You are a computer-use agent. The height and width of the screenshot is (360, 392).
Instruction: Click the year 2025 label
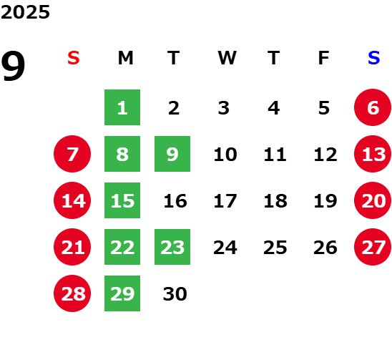(x=25, y=12)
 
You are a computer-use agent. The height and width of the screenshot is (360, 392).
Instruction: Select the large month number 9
(x=13, y=66)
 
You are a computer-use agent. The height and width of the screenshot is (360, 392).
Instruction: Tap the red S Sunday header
(x=74, y=58)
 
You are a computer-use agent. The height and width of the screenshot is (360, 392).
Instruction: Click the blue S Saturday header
(x=374, y=58)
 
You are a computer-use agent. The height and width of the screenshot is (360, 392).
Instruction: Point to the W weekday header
(x=227, y=58)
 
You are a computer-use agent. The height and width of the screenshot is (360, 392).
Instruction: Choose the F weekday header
(x=324, y=58)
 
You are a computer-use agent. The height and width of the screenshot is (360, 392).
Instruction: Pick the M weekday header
(x=125, y=58)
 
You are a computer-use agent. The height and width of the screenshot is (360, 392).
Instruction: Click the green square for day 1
(x=122, y=107)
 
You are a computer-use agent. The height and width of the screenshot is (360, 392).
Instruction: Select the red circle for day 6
(x=373, y=107)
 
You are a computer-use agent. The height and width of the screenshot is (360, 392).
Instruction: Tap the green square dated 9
(x=172, y=154)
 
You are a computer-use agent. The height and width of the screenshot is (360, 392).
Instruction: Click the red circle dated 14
(x=72, y=200)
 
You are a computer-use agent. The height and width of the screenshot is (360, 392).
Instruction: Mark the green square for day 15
(x=122, y=200)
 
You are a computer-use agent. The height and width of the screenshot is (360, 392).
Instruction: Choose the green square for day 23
(x=172, y=247)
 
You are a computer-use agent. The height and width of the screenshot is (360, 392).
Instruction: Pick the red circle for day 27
(x=373, y=247)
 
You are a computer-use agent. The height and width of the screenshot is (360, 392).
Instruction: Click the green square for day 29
(x=122, y=293)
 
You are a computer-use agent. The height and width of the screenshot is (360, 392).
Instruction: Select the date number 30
(x=175, y=293)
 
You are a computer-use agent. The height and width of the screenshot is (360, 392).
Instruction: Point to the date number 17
(x=225, y=200)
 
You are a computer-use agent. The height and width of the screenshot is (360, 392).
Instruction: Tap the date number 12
(x=325, y=154)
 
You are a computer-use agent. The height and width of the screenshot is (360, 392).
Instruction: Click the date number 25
(x=275, y=247)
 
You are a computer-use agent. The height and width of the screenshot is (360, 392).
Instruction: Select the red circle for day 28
(x=72, y=293)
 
